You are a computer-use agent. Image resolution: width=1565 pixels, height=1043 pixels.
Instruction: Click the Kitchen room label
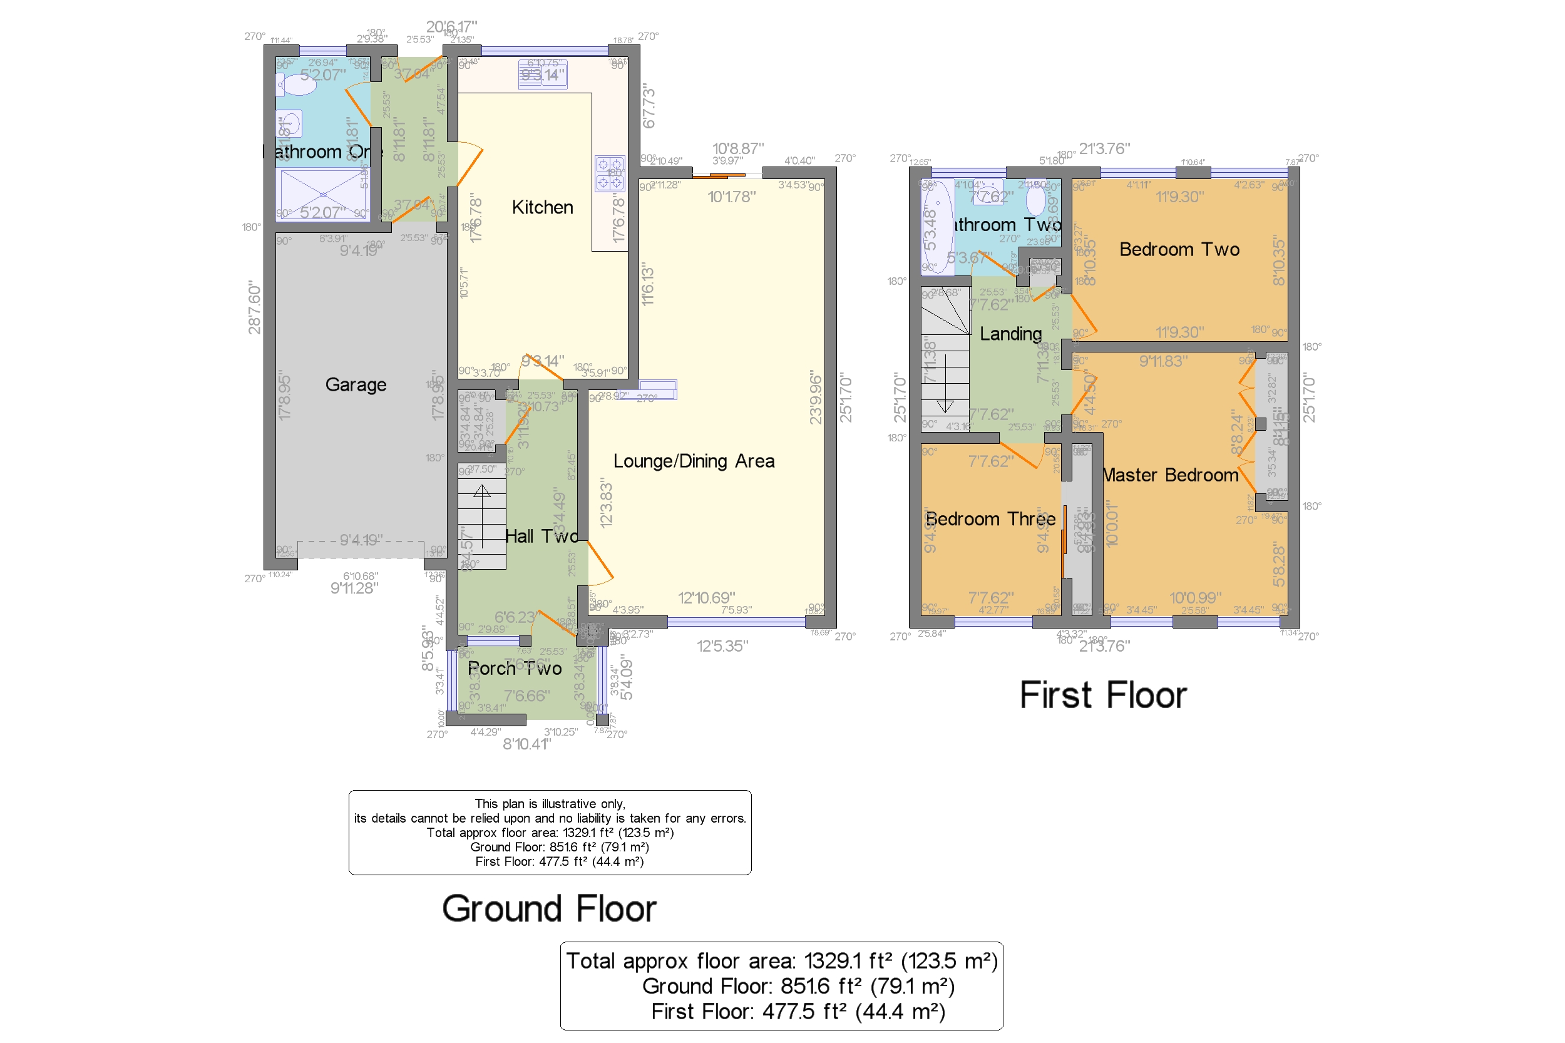[542, 208]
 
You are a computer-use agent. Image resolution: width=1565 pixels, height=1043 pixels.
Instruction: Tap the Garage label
[356, 384]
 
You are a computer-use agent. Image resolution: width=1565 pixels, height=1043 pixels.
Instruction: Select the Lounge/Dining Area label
[694, 461]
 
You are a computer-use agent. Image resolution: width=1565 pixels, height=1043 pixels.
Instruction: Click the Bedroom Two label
[1179, 249]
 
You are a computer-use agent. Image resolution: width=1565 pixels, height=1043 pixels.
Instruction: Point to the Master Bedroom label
[1171, 475]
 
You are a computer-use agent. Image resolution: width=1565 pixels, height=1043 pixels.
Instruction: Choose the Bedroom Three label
[990, 519]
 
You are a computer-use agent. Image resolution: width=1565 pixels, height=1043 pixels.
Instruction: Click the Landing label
[1010, 334]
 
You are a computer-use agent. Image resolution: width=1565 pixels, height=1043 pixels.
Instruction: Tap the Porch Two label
[515, 669]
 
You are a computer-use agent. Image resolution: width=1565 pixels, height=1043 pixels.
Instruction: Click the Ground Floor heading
[550, 908]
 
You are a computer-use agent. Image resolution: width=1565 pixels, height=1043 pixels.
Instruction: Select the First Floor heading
[1103, 696]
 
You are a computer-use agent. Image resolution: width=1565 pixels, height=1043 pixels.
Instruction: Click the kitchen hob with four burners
[609, 173]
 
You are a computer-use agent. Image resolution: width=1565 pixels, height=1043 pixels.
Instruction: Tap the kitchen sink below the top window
[543, 74]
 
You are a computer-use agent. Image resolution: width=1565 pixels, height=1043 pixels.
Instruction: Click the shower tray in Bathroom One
[322, 194]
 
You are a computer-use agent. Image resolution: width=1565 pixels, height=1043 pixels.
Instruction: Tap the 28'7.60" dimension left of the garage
[255, 307]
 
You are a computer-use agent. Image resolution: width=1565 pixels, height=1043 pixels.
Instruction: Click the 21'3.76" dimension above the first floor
[1104, 148]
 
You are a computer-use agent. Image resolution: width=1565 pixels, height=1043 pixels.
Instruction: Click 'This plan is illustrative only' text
[550, 804]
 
